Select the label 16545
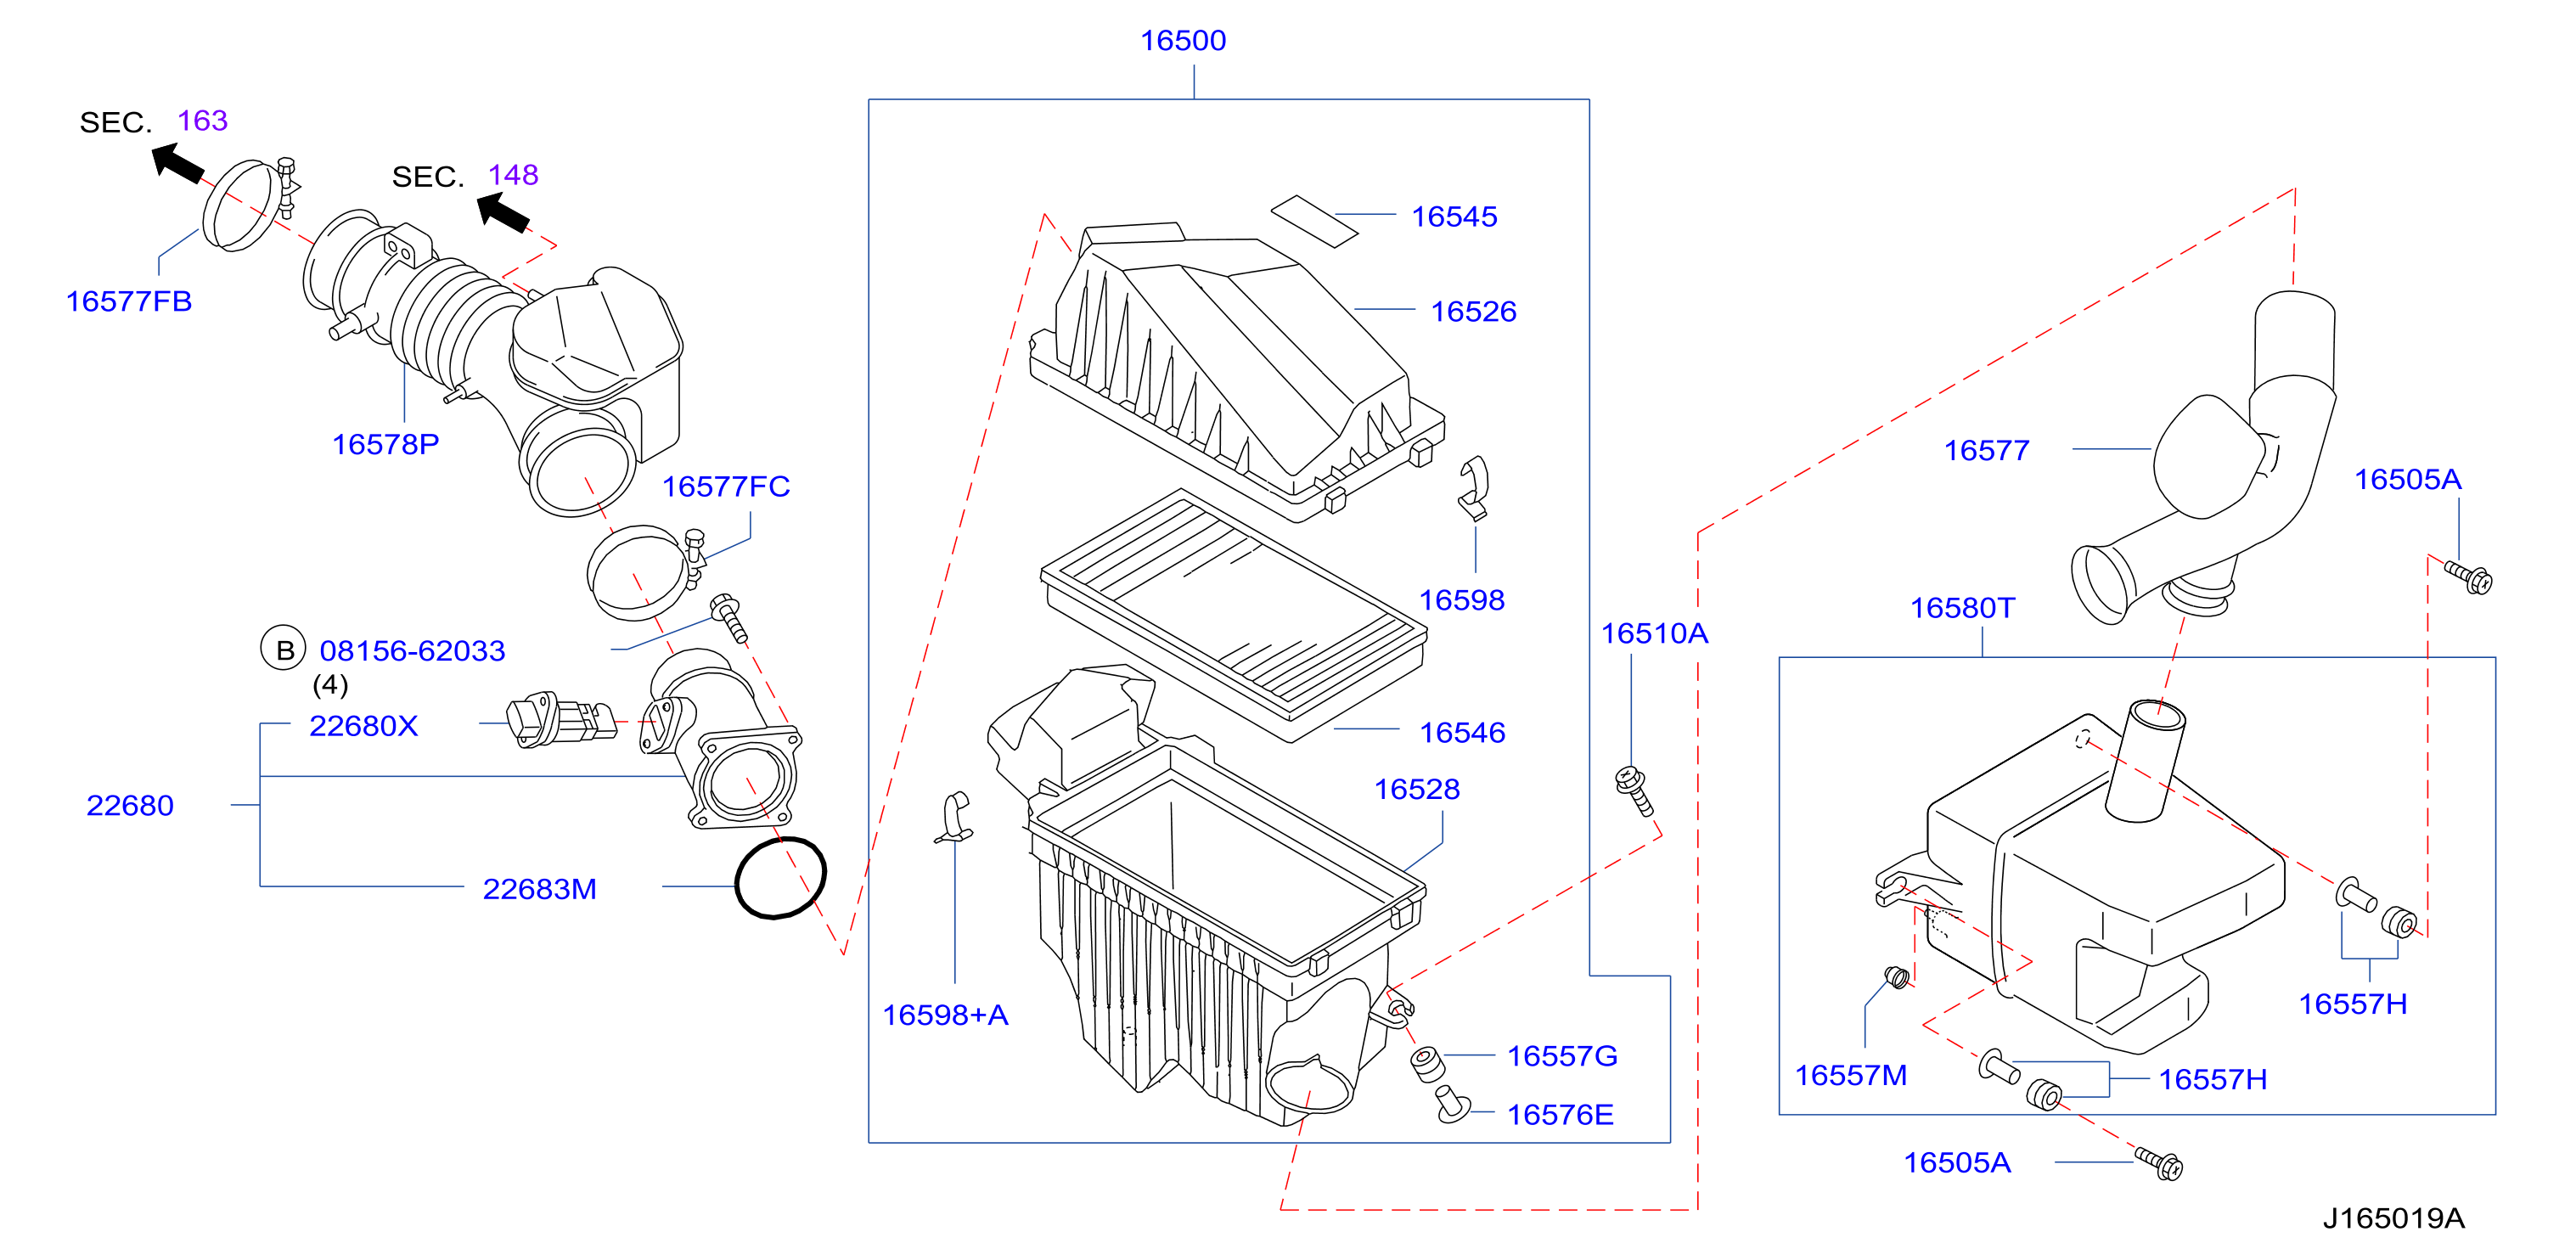(1454, 217)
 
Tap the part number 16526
(1473, 312)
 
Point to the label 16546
(1462, 733)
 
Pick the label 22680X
(363, 726)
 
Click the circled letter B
(284, 649)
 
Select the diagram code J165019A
(2393, 1218)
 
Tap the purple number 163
(202, 121)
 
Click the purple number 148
(513, 176)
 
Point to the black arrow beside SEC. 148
(502, 212)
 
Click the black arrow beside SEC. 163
(177, 162)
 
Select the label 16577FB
(129, 302)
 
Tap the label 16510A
(1654, 634)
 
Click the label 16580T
(1962, 609)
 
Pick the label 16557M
(1850, 1076)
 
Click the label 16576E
(1560, 1115)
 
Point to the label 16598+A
(945, 1016)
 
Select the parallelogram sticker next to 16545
(1314, 221)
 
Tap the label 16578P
(385, 445)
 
